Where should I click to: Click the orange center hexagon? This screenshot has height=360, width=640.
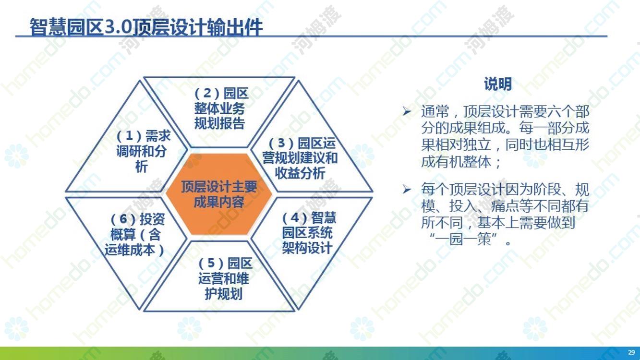[x=219, y=194]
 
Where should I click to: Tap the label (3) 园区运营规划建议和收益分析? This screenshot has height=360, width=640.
[x=300, y=158]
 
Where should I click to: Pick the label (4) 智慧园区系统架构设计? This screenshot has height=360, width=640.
[x=309, y=233]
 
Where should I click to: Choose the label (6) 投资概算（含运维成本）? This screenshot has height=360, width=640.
[x=135, y=235]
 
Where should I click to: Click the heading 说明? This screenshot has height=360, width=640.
[x=497, y=84]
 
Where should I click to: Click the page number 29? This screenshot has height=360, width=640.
[x=631, y=352]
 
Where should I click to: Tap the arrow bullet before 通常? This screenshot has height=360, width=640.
[x=407, y=111]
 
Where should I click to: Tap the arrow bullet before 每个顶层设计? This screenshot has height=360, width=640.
[x=407, y=189]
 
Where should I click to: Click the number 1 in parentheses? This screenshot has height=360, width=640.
[x=130, y=136]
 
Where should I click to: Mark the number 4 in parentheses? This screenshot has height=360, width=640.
[x=295, y=218]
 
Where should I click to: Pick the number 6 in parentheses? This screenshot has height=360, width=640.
[x=123, y=219]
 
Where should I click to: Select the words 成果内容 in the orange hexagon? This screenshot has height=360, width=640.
[x=219, y=202]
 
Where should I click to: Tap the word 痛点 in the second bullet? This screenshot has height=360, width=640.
[x=505, y=206]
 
